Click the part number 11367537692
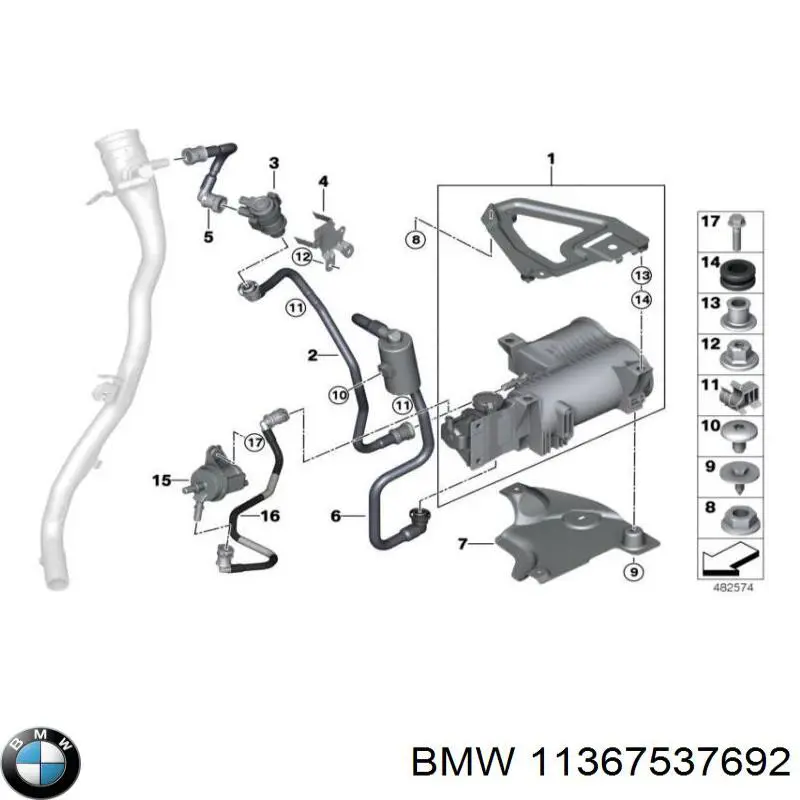click(661, 763)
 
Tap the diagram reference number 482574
click(733, 587)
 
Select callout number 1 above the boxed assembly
click(551, 159)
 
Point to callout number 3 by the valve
click(274, 163)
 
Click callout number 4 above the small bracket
click(323, 181)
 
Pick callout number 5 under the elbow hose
click(208, 237)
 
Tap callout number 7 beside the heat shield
click(462, 544)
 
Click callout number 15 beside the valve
click(162, 480)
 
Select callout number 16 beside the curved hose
click(270, 516)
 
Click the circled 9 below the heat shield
click(634, 571)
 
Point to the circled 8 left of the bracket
click(416, 239)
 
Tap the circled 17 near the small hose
click(255, 442)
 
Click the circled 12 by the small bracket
click(302, 256)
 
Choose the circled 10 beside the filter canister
click(339, 394)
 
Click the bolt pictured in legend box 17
click(737, 232)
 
